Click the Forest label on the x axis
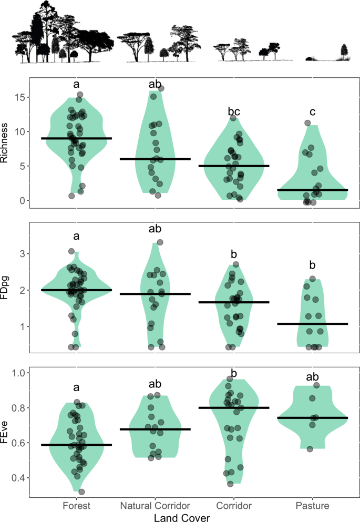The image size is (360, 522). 77,506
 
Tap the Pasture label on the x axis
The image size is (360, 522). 312,506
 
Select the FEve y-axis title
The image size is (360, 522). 6,426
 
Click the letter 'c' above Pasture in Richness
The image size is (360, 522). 312,112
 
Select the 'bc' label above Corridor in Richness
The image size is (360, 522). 233,111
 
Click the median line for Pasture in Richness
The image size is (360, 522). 312,190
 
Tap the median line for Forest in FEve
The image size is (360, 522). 77,445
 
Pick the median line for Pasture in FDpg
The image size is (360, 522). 312,324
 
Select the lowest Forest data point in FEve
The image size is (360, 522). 81,492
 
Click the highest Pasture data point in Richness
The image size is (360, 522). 307,123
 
